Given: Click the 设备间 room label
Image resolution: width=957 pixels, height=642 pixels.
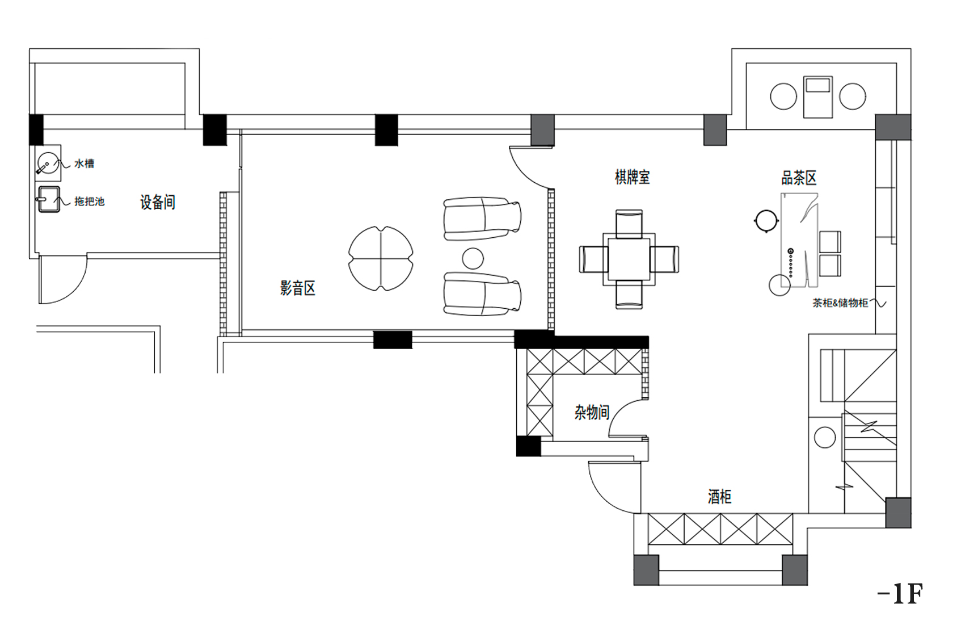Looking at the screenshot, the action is coord(158,202).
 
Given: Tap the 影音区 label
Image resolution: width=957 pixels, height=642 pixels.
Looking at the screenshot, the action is coord(298,288).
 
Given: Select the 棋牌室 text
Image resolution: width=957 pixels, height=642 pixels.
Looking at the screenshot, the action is coord(633,177).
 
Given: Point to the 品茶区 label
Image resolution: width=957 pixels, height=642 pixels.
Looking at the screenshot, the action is coord(799,178).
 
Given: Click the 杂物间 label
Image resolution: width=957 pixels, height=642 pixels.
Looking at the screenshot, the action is coord(592,413).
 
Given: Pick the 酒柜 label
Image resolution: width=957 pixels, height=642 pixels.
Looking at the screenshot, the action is coord(719,497).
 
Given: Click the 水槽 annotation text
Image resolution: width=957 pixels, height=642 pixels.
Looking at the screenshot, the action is coord(84,163).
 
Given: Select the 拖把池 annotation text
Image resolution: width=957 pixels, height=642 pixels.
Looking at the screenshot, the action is coord(89,202).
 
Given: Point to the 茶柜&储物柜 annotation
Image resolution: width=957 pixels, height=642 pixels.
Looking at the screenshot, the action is coord(840,303).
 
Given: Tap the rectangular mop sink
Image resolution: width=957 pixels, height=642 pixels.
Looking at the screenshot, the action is coord(49,199).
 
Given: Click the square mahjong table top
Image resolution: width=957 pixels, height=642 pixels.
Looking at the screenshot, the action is coord(629,259).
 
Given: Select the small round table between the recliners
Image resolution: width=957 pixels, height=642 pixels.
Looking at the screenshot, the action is coord(473,258).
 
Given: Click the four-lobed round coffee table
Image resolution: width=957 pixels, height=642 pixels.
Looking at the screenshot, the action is coord(381,259).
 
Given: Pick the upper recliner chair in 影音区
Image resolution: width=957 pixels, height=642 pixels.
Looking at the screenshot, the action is coord(482,219).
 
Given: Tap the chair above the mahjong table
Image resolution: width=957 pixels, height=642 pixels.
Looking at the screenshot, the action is coord(629,224).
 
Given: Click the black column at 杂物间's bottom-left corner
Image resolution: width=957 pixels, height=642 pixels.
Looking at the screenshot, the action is coord(529,446).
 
